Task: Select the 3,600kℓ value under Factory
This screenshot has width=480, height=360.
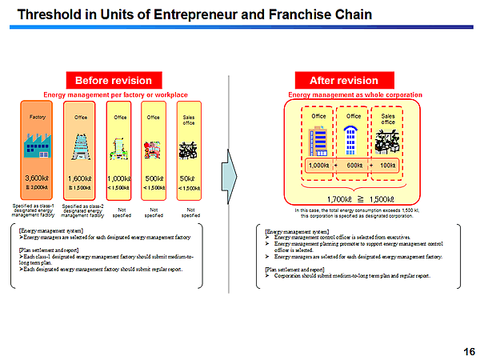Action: tap(38, 178)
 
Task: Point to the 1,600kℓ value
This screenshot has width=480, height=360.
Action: tap(80, 178)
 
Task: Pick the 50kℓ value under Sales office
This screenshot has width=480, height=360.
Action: tap(190, 178)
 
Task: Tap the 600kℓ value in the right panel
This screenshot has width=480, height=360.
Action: tap(354, 166)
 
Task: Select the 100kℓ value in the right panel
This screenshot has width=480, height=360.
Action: tap(389, 166)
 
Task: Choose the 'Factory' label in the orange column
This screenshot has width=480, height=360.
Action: tap(38, 117)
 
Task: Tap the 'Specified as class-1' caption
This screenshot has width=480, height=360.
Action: tap(34, 206)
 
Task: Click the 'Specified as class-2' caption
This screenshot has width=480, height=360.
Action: tap(82, 206)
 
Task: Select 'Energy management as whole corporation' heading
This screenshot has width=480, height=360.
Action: tap(354, 94)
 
